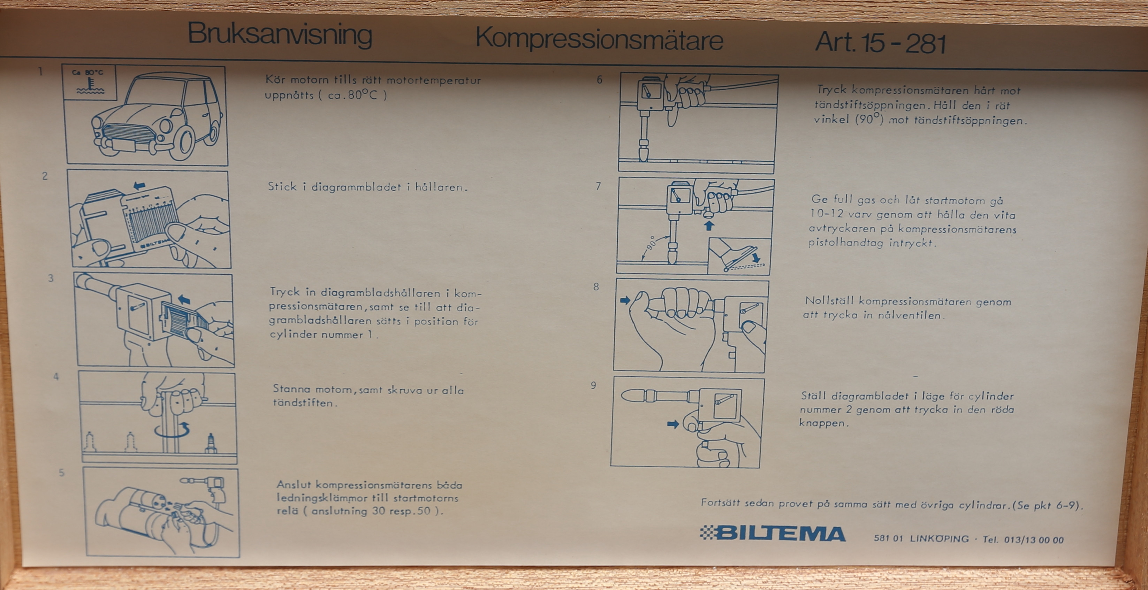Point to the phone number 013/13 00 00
[1034, 540]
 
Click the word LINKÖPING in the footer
[940, 538]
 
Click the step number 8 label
[596, 286]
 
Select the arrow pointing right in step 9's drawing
[673, 424]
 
